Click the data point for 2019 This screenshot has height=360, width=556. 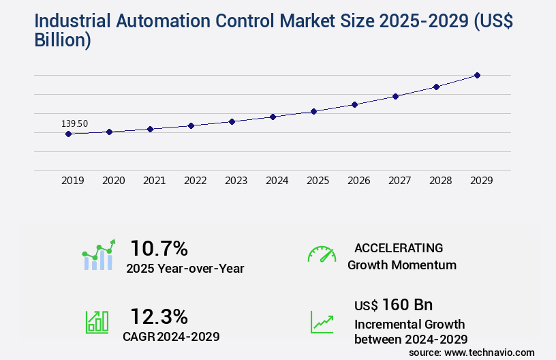point(68,134)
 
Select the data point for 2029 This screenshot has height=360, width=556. point(477,75)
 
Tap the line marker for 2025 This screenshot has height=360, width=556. point(313,111)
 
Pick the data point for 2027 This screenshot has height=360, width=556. point(395,96)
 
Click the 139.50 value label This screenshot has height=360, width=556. point(74,123)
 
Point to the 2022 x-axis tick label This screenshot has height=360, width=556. point(195,181)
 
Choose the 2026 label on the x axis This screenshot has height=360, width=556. point(358,181)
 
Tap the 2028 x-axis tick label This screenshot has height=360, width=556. point(440,181)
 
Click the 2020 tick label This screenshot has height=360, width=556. point(113,181)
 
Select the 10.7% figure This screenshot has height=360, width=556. point(159,248)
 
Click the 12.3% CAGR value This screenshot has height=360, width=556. point(159,316)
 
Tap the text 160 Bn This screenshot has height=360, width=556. point(407,304)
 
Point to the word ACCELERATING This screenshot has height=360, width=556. point(399,248)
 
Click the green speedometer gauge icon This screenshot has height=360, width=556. point(322,254)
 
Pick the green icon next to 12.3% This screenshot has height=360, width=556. point(97,322)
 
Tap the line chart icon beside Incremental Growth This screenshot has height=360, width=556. point(322,322)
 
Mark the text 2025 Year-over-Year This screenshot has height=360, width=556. point(185,269)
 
